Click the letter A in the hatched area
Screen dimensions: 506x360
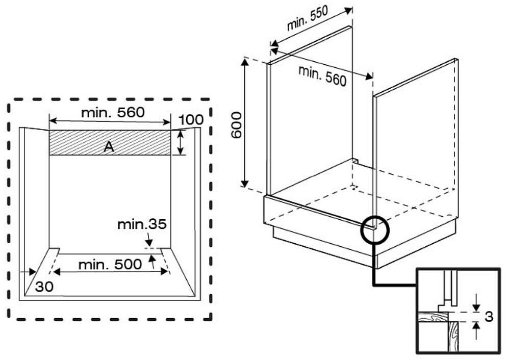tap(109, 147)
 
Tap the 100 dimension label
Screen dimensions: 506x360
tap(191, 120)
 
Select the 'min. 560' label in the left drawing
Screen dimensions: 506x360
tap(113, 113)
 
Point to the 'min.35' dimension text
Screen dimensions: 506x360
tap(142, 224)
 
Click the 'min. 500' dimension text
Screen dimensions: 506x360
tap(110, 265)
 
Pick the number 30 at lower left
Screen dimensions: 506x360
tap(44, 287)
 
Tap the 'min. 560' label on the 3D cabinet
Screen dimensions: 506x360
tap(322, 75)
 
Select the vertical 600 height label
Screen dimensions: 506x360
tap(237, 125)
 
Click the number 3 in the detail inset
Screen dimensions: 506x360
tap(489, 317)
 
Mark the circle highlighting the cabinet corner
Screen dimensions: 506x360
tap(375, 230)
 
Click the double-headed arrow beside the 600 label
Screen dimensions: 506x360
tap(245, 123)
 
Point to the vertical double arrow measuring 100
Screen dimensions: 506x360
tap(181, 142)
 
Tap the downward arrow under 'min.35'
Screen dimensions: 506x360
tap(149, 240)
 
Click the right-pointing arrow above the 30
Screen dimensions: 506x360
tap(28, 272)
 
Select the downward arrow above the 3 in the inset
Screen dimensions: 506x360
tap(476, 303)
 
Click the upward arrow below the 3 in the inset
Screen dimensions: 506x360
tap(476, 330)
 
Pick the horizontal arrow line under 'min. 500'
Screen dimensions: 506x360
tap(111, 272)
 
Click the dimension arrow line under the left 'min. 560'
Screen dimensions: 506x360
tap(110, 121)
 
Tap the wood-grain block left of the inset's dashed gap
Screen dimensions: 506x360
tap(433, 317)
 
